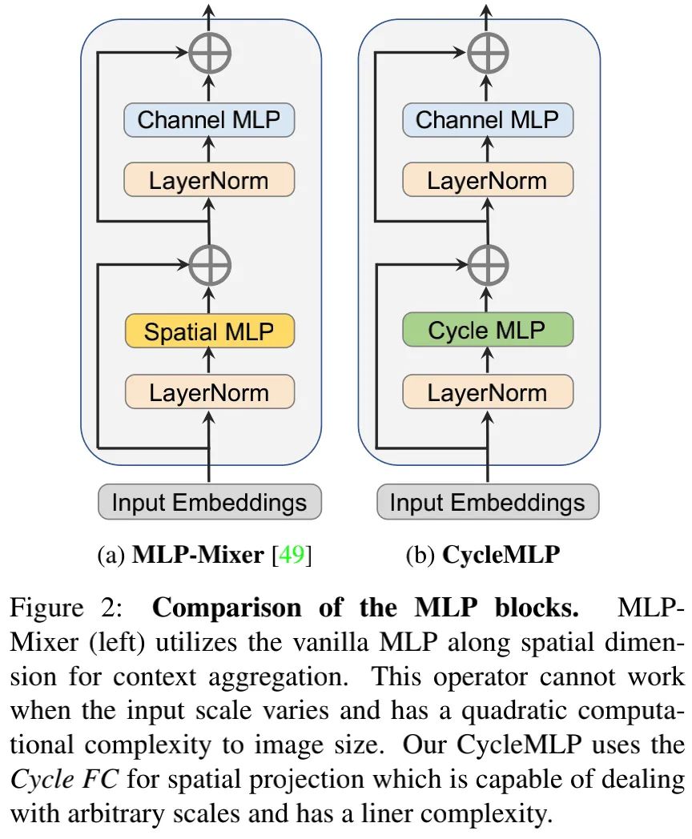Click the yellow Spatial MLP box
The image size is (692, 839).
(x=209, y=331)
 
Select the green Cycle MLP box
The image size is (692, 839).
(x=487, y=331)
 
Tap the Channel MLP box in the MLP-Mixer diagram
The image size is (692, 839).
(x=209, y=120)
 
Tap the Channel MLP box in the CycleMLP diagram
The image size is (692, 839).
(x=487, y=120)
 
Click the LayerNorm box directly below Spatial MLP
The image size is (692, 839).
(x=209, y=392)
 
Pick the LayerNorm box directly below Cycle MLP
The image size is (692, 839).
(x=487, y=392)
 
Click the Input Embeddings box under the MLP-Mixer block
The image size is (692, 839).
(x=209, y=502)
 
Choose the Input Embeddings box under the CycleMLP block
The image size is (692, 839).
(x=487, y=502)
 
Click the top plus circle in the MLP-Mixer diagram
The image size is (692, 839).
(x=209, y=54)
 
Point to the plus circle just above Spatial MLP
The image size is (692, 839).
(x=209, y=264)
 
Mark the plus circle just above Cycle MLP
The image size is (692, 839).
(x=487, y=264)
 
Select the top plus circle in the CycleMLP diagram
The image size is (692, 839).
(x=487, y=54)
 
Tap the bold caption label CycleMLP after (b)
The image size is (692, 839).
(x=501, y=555)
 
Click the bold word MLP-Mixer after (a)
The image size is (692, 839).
(x=197, y=555)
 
